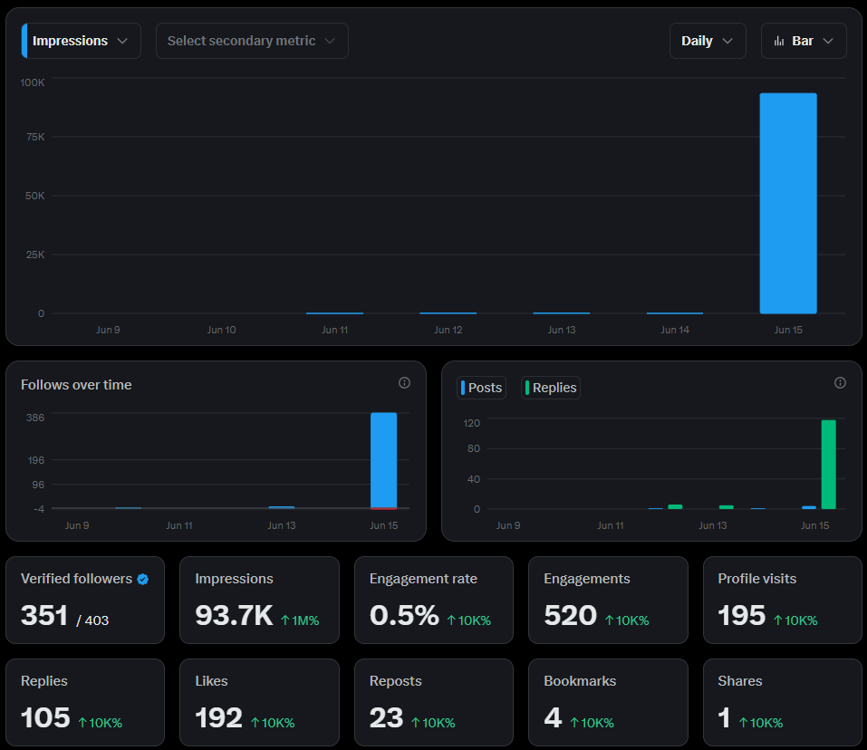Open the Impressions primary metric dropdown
click(82, 41)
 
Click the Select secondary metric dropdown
click(252, 41)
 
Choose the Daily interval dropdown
click(708, 41)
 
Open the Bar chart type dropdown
click(804, 41)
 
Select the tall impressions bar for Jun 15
click(788, 204)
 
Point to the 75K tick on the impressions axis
click(35, 137)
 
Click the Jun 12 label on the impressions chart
click(448, 330)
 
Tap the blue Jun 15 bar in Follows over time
click(384, 460)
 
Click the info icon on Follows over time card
click(404, 383)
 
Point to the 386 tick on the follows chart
click(35, 418)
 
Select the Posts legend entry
click(482, 388)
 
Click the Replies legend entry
click(551, 388)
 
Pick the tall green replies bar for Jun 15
click(828, 465)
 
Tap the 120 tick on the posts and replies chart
click(472, 423)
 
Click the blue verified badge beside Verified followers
click(142, 579)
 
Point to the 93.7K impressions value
click(234, 615)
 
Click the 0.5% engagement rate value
click(404, 615)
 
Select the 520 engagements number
click(570, 615)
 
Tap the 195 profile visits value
click(741, 615)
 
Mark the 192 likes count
click(218, 717)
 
